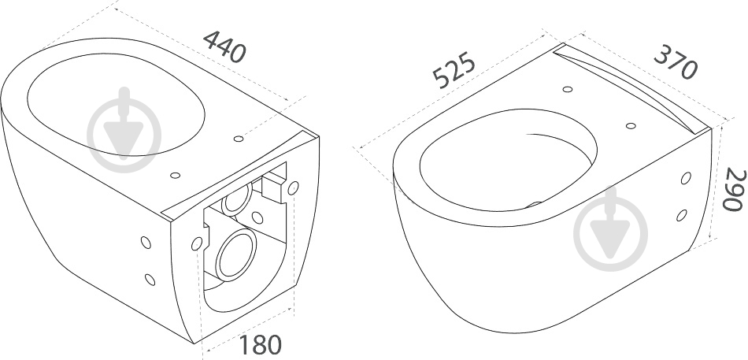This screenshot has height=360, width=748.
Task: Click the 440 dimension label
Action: click(x=224, y=46)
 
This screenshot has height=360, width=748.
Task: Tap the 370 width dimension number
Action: click(x=676, y=62)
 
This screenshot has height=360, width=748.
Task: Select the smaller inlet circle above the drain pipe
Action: click(x=237, y=199)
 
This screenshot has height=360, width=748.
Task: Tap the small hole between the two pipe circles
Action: click(x=257, y=217)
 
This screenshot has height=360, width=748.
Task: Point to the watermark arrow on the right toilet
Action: click(x=611, y=229)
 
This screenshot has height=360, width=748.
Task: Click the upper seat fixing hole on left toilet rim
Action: click(x=239, y=139)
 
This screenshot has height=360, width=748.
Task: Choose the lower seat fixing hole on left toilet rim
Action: click(x=175, y=175)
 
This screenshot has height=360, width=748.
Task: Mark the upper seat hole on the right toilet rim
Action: click(x=568, y=89)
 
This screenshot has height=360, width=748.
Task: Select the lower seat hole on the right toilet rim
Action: click(x=631, y=126)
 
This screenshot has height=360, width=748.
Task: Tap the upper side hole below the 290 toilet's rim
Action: click(x=686, y=178)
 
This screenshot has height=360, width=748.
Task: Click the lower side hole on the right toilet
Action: click(x=682, y=215)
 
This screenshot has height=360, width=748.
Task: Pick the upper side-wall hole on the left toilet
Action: click(x=146, y=242)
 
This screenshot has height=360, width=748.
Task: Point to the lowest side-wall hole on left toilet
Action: click(x=150, y=280)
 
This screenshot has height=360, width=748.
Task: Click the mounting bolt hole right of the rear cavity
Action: click(x=294, y=188)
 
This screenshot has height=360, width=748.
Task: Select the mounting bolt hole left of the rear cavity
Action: click(x=196, y=243)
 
